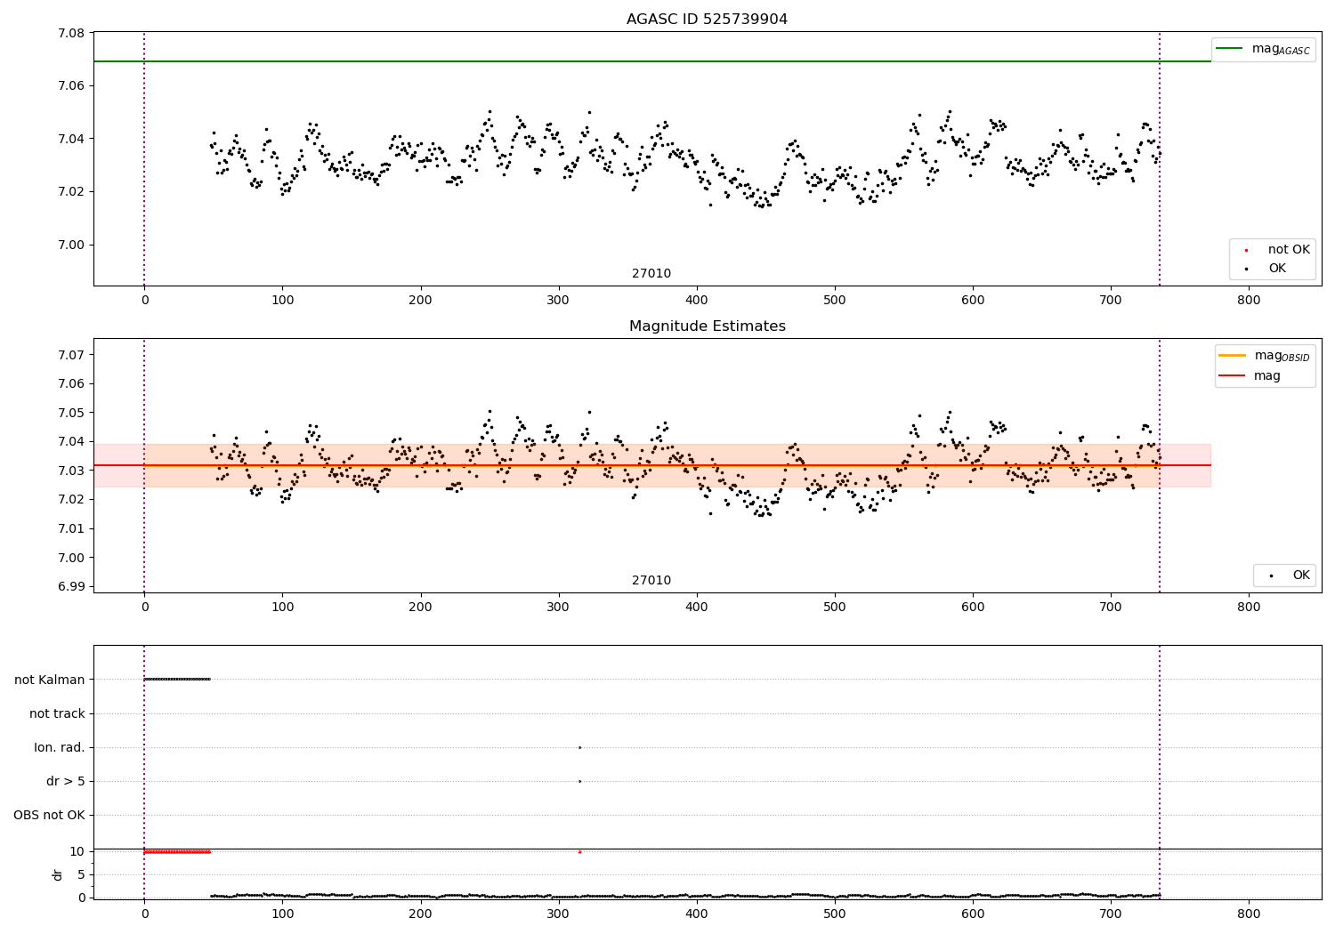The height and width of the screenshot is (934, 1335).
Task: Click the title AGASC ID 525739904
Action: pyautogui.click(x=707, y=20)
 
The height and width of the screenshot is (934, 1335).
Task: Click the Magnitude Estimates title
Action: pyautogui.click(x=707, y=326)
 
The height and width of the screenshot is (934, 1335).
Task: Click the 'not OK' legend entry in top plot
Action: pyautogui.click(x=1289, y=250)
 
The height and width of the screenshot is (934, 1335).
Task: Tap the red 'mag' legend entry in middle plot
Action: pyautogui.click(x=1266, y=376)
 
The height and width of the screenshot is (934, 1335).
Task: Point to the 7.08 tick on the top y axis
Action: pyautogui.click(x=71, y=34)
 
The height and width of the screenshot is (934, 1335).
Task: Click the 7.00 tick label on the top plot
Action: pyautogui.click(x=71, y=245)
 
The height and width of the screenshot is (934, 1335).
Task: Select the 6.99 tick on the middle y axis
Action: pyautogui.click(x=71, y=587)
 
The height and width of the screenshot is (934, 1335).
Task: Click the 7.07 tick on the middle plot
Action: pyautogui.click(x=71, y=355)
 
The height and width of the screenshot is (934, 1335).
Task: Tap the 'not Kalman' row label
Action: pyautogui.click(x=50, y=680)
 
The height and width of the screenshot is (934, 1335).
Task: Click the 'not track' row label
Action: pyautogui.click(x=57, y=713)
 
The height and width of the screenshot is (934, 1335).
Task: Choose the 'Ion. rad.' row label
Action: pyautogui.click(x=60, y=747)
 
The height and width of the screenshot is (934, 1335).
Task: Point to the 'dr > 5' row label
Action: pyautogui.click(x=66, y=781)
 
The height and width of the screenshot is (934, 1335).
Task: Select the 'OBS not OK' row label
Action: pyautogui.click(x=49, y=815)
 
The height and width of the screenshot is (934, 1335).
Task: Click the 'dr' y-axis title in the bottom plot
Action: pyautogui.click(x=58, y=874)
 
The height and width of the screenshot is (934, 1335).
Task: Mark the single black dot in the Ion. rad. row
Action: pyautogui.click(x=579, y=747)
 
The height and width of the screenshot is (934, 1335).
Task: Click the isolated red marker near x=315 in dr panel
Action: pyautogui.click(x=579, y=852)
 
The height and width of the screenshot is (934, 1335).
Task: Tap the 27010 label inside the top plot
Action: pyautogui.click(x=651, y=274)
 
